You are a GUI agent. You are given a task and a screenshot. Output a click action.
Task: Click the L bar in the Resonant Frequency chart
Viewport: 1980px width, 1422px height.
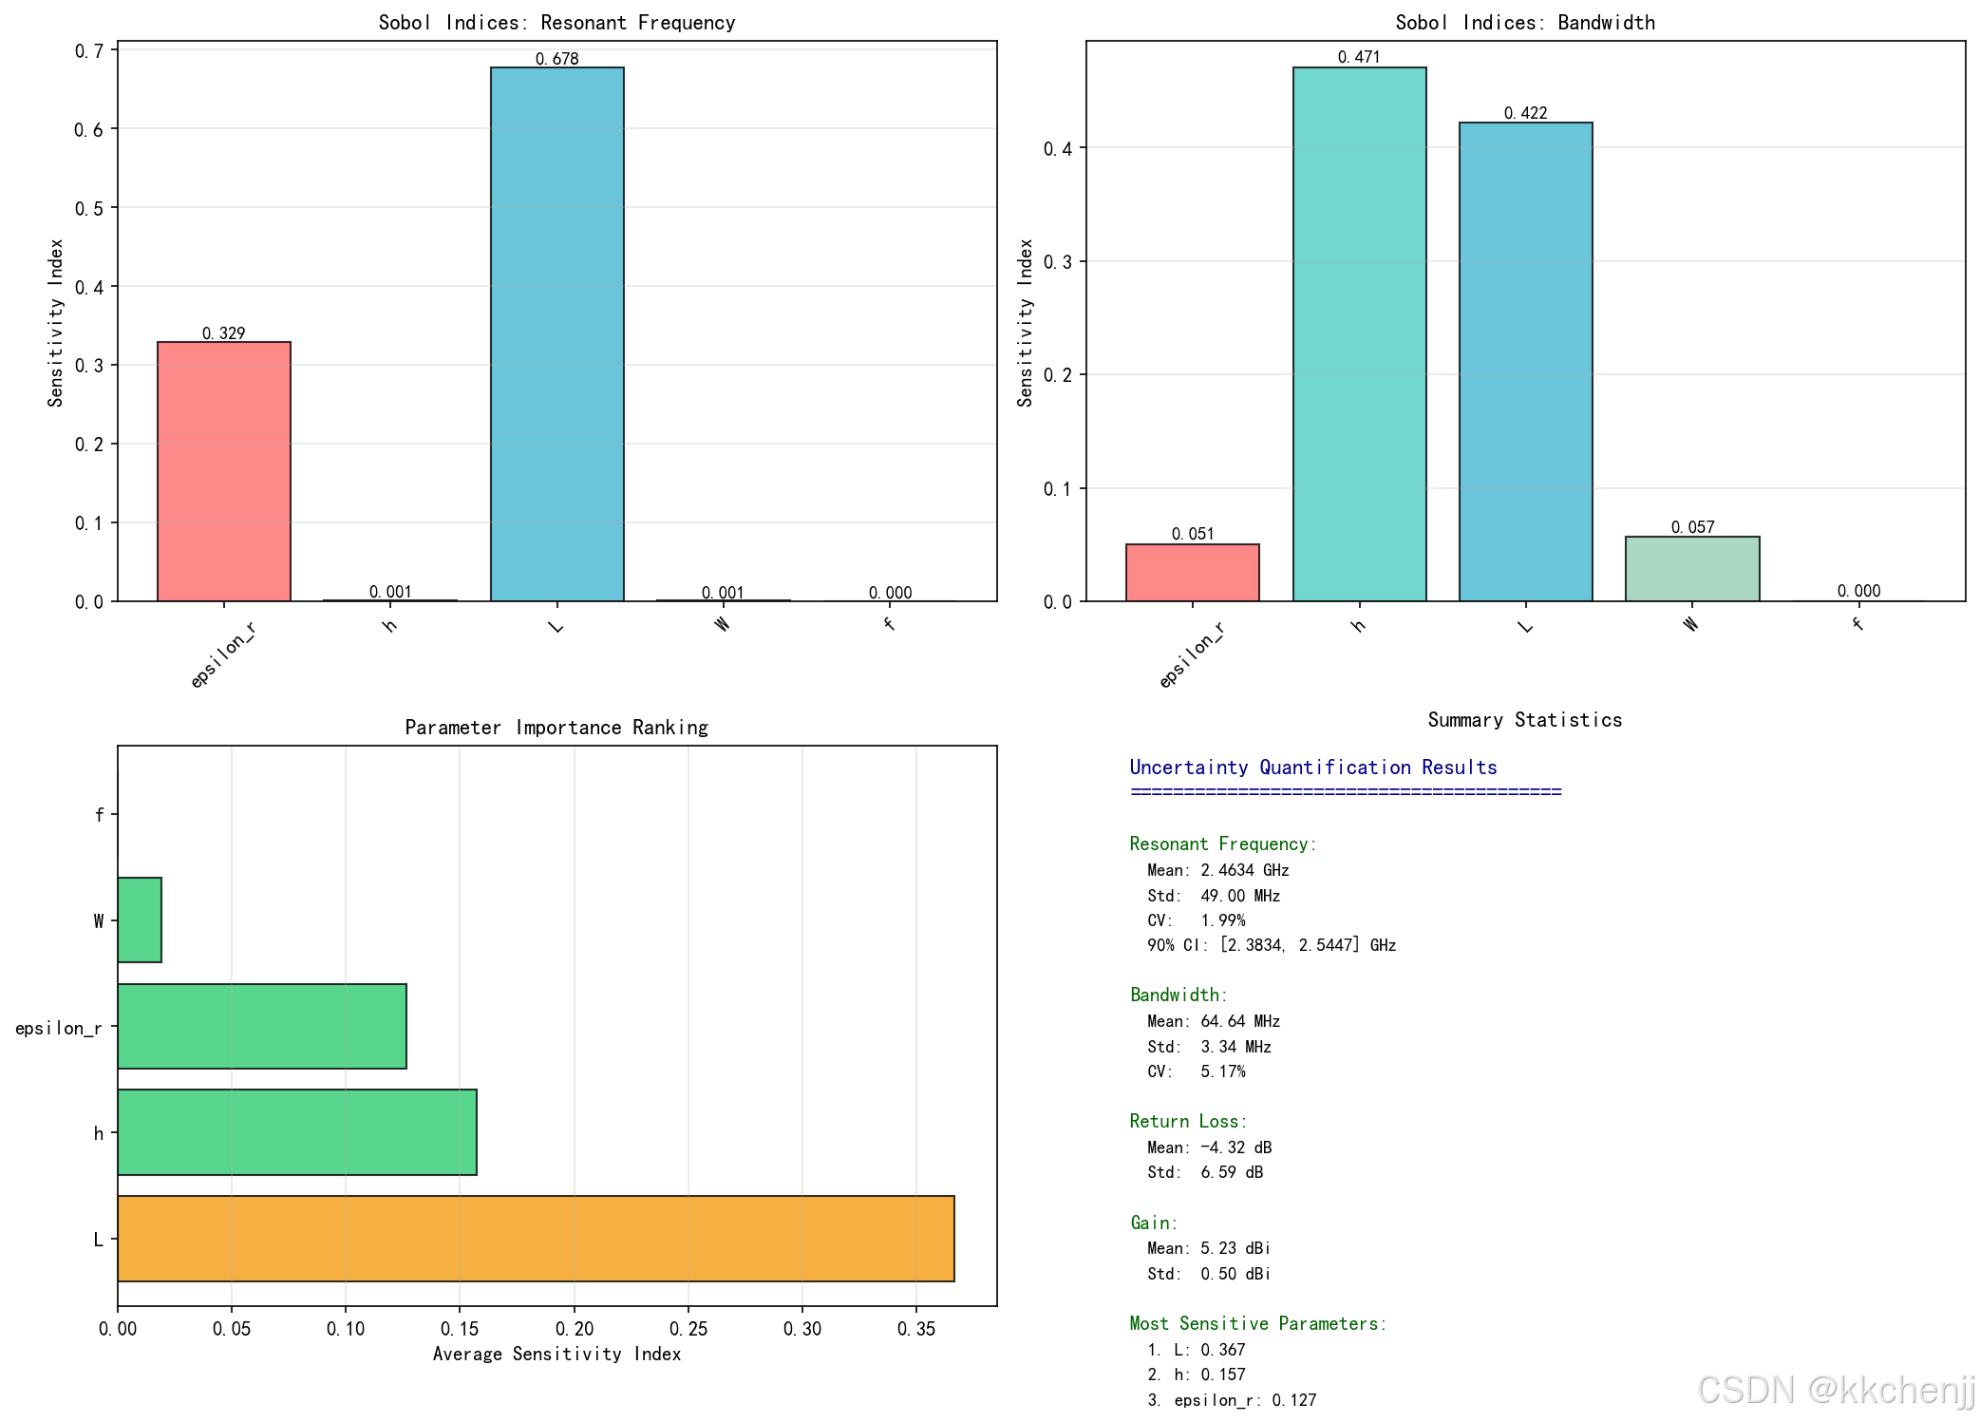[x=556, y=333]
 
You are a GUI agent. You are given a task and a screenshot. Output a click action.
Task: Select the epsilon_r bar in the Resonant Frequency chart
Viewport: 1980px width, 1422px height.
[x=223, y=471]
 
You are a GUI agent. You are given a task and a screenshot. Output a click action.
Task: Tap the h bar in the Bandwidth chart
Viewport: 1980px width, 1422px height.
[x=1359, y=333]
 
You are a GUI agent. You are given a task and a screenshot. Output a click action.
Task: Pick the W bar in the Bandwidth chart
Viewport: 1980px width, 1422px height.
[x=1691, y=569]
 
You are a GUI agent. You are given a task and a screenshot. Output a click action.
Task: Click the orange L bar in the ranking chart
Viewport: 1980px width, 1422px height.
[x=536, y=1238]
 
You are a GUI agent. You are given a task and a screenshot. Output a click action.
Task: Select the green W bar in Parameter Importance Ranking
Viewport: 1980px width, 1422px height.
[x=140, y=920]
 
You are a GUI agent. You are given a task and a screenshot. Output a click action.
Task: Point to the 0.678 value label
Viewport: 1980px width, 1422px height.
[x=556, y=59]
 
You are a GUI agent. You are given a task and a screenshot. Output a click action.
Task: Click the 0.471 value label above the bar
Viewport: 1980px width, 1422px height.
[x=1359, y=57]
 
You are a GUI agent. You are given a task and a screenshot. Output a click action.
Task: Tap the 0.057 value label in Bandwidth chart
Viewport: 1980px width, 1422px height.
[x=1692, y=527]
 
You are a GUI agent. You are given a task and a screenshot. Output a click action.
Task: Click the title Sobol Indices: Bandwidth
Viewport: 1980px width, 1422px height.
[x=1524, y=23]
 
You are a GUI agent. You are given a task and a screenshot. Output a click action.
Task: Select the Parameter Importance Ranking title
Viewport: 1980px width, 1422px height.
[x=556, y=728]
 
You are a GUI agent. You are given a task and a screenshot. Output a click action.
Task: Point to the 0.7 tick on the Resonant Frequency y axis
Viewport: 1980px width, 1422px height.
[x=88, y=50]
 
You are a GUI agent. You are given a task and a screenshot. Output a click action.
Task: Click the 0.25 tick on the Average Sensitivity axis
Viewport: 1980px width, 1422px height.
[x=688, y=1329]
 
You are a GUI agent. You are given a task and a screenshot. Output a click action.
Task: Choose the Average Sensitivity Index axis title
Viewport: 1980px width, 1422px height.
[x=556, y=1354]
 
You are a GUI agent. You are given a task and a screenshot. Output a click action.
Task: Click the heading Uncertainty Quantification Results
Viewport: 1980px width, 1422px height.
[x=1312, y=768]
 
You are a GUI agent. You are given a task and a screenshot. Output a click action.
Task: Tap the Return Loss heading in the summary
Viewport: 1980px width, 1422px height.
[x=1188, y=1121]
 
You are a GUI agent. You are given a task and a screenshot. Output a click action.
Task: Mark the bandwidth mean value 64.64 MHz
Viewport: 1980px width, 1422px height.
[x=1239, y=1021]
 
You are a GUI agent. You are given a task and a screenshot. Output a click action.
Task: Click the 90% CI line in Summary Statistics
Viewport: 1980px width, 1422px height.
[x=1271, y=945]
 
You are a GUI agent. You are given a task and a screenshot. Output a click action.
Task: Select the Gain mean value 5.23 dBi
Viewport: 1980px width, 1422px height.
[x=1235, y=1248]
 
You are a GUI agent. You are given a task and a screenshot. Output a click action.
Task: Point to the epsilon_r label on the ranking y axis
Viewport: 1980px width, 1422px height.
[x=58, y=1028]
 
